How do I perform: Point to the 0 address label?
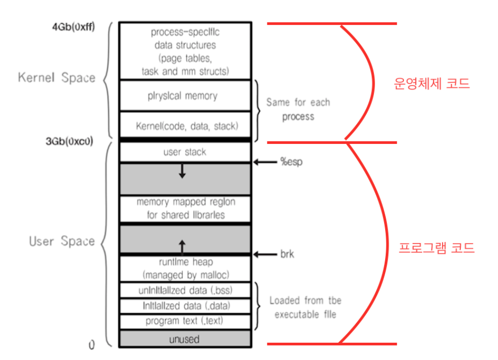click(91, 345)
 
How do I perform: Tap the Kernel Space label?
click(56, 78)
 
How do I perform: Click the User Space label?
click(61, 241)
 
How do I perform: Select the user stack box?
click(185, 152)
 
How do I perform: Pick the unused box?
click(185, 339)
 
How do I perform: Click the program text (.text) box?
click(185, 321)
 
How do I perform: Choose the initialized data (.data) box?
click(185, 306)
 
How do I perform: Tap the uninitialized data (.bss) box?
click(185, 290)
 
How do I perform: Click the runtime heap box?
click(185, 268)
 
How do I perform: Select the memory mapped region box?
click(185, 208)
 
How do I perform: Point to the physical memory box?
click(185, 96)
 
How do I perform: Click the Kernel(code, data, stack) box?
click(185, 125)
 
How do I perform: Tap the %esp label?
click(290, 162)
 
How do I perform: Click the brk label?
click(287, 254)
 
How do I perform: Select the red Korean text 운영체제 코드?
click(432, 84)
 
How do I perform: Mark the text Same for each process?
click(298, 109)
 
